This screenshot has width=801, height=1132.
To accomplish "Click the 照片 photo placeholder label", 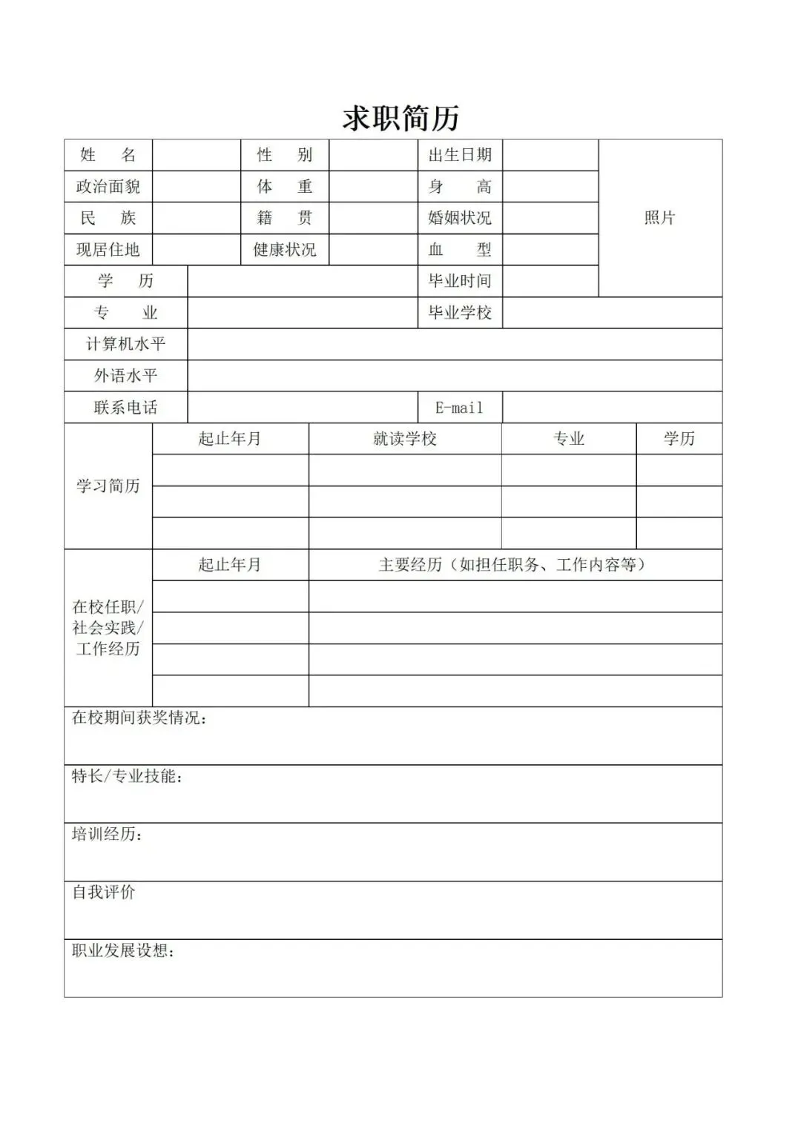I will [x=659, y=218].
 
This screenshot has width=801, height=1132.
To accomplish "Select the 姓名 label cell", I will [x=108, y=155].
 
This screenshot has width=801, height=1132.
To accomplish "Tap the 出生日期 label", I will [x=460, y=155].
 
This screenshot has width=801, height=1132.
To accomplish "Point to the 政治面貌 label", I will [x=108, y=187].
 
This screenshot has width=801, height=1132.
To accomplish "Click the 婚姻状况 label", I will [x=460, y=218].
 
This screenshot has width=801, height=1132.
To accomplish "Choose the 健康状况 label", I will [x=285, y=250].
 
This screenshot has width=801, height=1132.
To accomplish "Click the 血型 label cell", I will [x=460, y=250].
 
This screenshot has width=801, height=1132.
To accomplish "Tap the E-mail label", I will [x=460, y=408].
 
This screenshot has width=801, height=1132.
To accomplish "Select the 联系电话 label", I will [x=126, y=408].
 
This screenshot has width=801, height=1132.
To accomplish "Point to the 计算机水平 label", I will [x=126, y=344].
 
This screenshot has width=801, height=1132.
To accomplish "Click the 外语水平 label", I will [x=126, y=376].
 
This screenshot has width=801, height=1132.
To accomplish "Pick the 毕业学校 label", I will [x=460, y=313].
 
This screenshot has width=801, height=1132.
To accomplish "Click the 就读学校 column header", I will [x=405, y=439].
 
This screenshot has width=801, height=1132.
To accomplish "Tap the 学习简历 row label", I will [x=108, y=486].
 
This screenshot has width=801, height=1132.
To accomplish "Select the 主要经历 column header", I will [x=515, y=565].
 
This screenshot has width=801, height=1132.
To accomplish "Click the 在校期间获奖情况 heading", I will [x=139, y=718].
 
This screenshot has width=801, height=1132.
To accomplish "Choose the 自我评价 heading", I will [x=104, y=893].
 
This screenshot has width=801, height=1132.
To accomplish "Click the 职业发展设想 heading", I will [x=123, y=950].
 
